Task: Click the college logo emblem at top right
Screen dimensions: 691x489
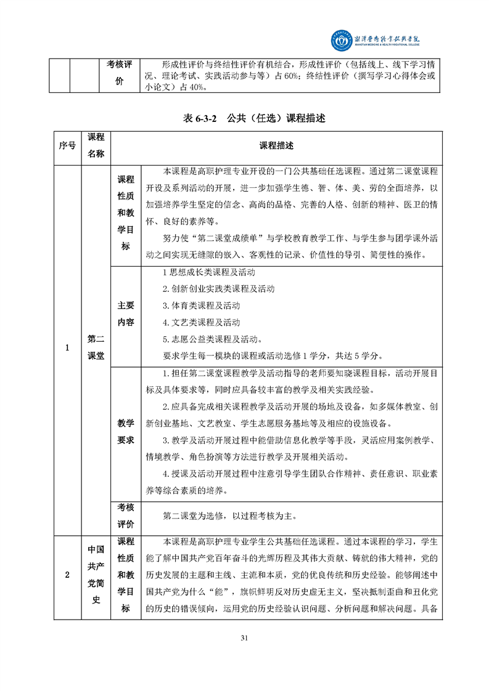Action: (339, 40)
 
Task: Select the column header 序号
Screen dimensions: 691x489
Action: (67, 146)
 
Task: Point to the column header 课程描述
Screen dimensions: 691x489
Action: (276, 146)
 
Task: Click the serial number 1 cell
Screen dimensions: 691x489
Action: (67, 347)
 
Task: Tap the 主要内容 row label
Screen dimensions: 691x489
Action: (126, 313)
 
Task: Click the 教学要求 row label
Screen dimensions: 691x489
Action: (126, 432)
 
